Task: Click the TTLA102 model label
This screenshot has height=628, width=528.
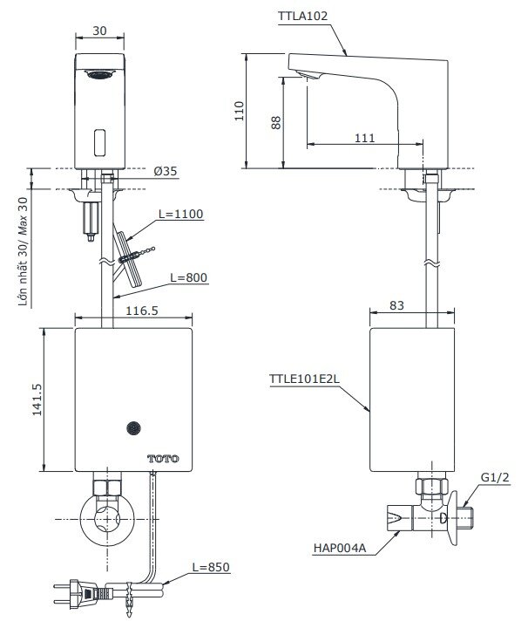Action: point(306,16)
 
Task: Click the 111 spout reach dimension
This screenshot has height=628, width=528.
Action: point(365,137)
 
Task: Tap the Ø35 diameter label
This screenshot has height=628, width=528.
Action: point(165,172)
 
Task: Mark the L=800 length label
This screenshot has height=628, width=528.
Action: point(188,277)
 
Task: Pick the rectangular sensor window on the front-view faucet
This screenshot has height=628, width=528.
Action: point(98,139)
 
